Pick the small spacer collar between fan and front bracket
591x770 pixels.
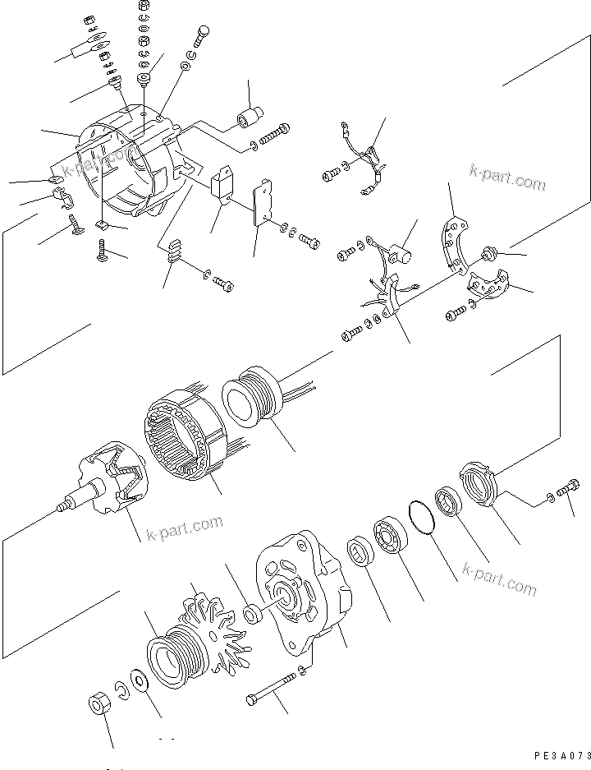point(253,613)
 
